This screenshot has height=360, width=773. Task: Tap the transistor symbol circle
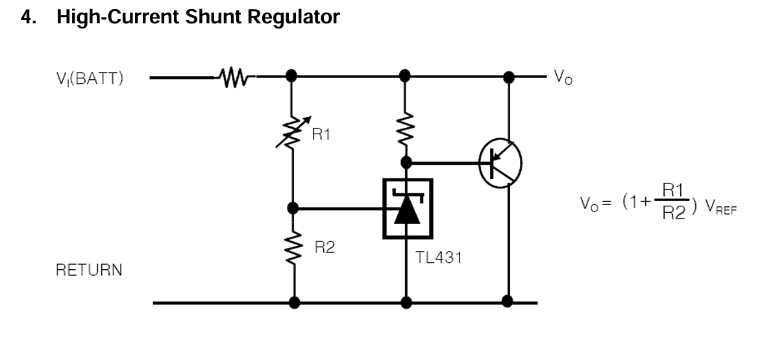pos(500,163)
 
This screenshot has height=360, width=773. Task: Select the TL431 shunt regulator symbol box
pos(407,209)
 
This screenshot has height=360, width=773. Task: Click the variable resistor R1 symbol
pos(293,133)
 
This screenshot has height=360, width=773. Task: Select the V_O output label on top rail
pos(563,78)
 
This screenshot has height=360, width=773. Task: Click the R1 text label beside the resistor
pos(322,136)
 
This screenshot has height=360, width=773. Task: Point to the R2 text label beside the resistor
pos(325,247)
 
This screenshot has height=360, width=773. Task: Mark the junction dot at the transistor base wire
pos(406,162)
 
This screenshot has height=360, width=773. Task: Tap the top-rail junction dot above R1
pos(293,76)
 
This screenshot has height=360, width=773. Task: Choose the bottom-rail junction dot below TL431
pos(407,302)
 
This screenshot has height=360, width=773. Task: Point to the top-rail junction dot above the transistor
pos(509,77)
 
